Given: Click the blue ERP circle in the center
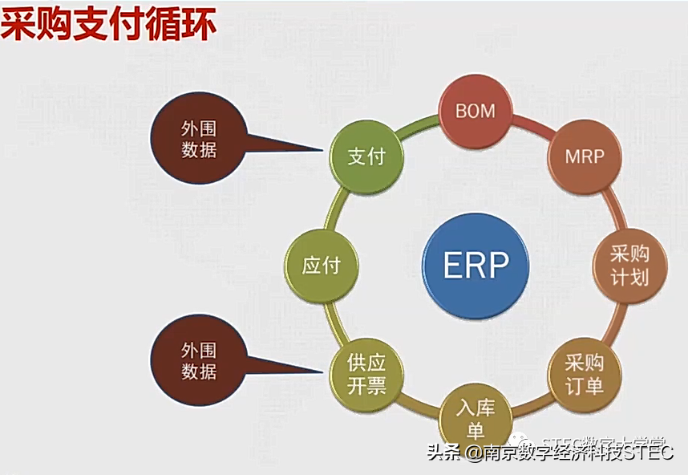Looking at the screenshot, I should (476, 265).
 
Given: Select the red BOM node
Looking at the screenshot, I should (476, 112).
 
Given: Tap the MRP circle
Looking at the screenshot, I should (585, 156).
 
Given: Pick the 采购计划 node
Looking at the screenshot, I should (629, 266).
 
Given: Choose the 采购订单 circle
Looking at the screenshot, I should (585, 374).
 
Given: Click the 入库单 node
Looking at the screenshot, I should (476, 417).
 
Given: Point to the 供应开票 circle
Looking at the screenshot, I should (367, 375).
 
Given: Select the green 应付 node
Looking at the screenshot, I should (322, 266).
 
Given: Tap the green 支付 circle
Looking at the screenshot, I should (367, 156).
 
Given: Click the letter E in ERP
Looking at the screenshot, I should (450, 265).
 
